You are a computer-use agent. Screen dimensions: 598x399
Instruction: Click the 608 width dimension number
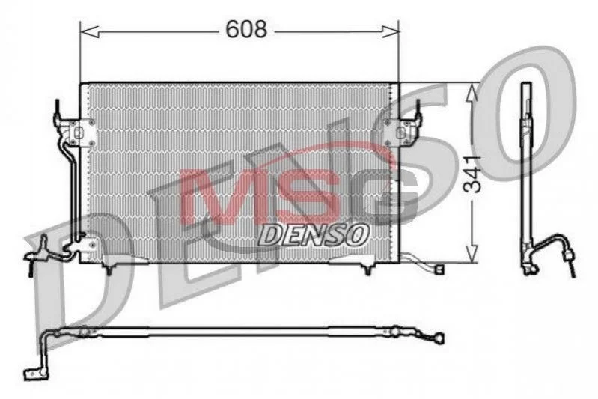pos(246,29)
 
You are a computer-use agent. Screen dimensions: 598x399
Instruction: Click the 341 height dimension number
pos(472,174)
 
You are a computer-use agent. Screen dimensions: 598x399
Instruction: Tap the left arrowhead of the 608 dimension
pos(90,32)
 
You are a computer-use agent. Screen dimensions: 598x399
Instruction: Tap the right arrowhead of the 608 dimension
pos(390,32)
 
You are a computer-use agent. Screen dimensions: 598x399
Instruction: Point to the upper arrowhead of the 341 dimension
pos(472,93)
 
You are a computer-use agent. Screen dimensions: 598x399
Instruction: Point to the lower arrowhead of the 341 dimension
pos(472,253)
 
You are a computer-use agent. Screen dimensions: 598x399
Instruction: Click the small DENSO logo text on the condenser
pos(314,234)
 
